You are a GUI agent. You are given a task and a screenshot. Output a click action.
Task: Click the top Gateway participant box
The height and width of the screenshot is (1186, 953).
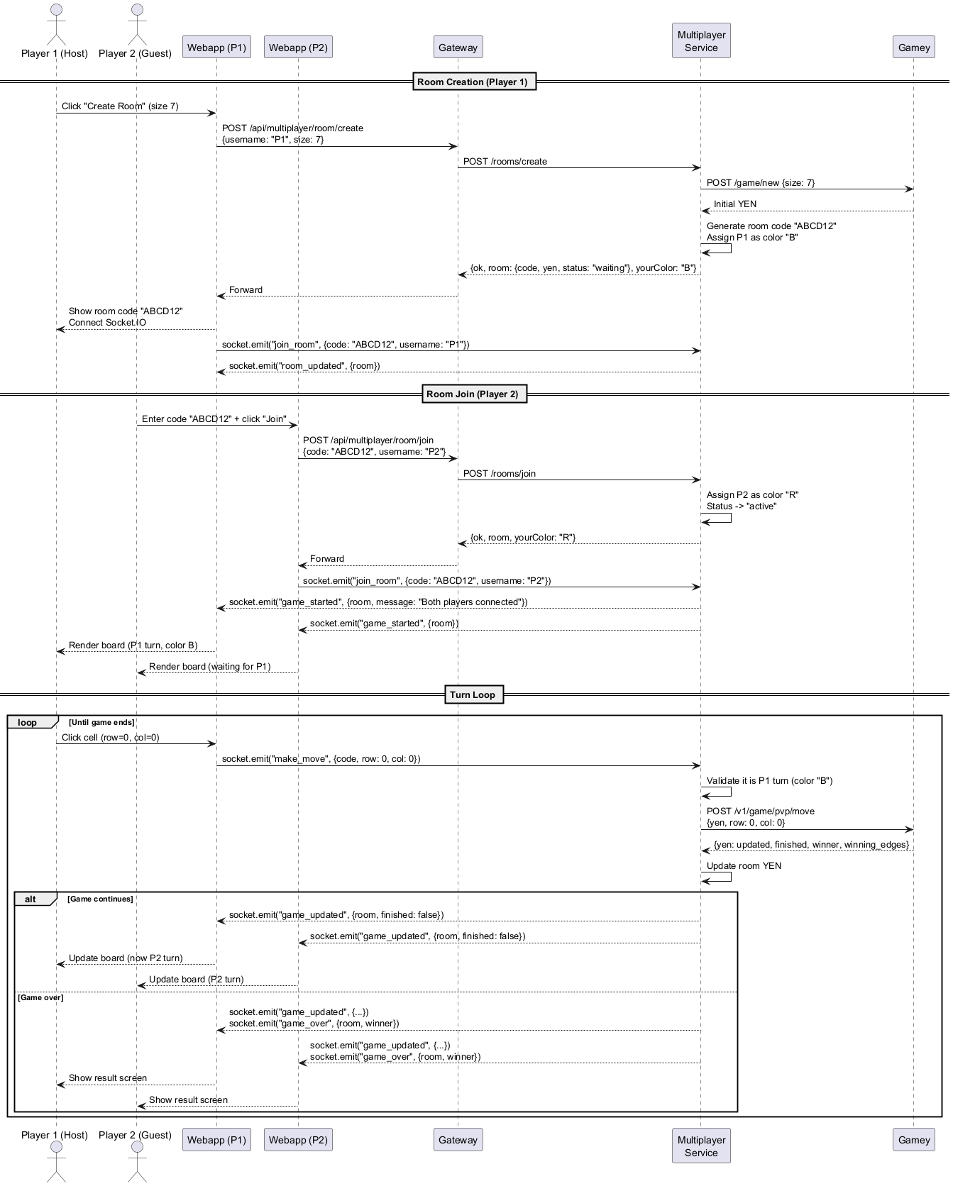coord(458,48)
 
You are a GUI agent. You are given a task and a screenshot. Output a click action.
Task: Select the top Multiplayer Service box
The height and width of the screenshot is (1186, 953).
coord(701,41)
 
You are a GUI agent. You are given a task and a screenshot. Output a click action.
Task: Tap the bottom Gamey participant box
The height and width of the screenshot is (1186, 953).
coord(913,1140)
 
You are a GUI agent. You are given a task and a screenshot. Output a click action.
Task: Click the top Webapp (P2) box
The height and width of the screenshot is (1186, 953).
coord(297,48)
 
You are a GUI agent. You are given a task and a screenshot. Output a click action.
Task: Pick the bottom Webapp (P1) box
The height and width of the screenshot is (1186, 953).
coord(216,1140)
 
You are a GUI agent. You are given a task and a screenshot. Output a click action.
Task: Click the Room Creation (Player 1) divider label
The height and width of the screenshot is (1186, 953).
coord(473,82)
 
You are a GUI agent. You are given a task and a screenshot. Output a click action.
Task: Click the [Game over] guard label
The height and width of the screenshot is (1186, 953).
coord(40,997)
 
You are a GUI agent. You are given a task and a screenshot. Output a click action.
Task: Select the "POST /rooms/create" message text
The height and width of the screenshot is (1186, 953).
coord(505,162)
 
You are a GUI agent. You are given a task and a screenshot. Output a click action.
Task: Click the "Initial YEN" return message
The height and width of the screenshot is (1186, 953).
coord(735,204)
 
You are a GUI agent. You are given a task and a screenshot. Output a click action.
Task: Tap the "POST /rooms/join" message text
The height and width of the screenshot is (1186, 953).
coord(500,474)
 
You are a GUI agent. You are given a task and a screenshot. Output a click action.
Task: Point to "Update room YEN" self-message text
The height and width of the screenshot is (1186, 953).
coord(744,866)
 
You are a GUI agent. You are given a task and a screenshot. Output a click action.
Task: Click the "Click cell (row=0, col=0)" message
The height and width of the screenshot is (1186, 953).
coord(111,738)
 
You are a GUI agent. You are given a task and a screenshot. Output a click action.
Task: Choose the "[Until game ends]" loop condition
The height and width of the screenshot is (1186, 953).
coord(101,722)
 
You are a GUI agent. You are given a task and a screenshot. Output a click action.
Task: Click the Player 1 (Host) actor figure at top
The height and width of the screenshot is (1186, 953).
coord(56,24)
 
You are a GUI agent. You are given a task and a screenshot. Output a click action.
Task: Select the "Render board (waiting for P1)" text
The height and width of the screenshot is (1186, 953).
coord(210,667)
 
